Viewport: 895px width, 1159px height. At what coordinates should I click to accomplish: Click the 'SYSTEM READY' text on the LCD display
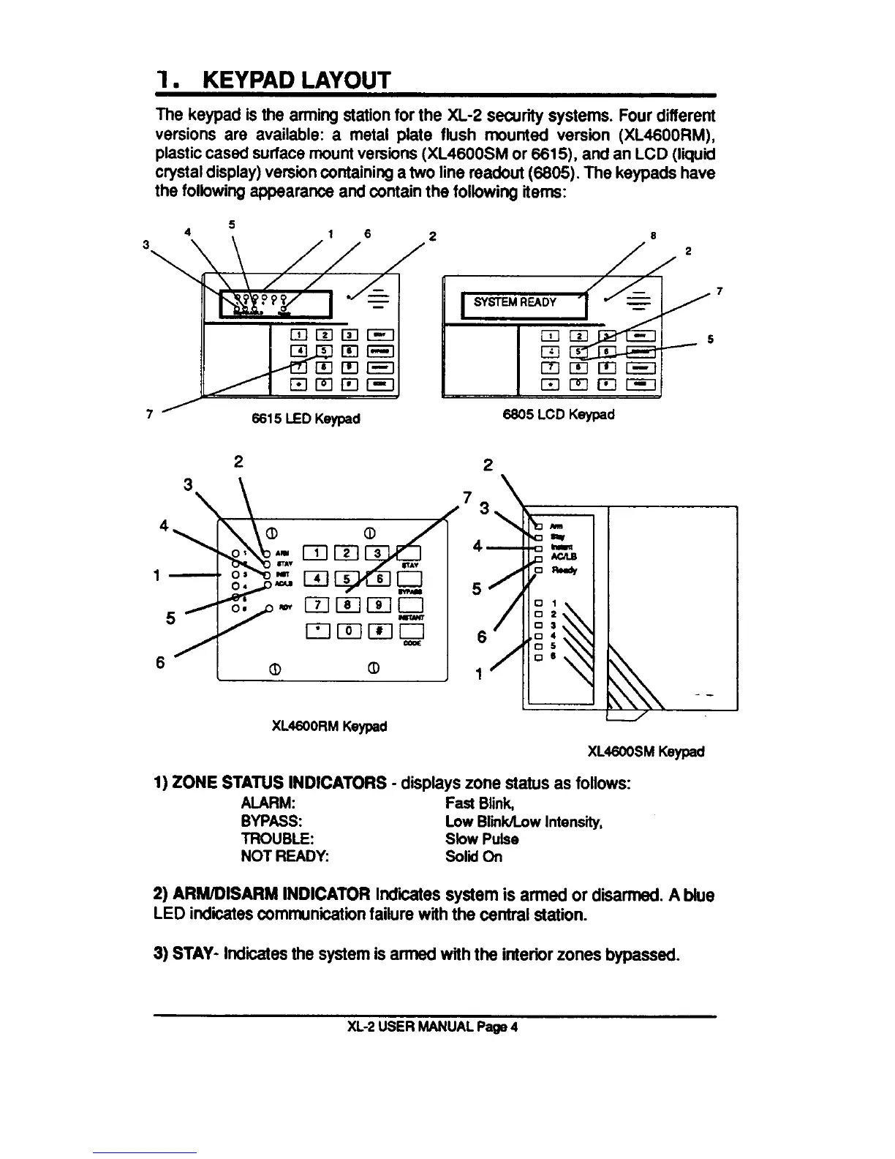pyautogui.click(x=515, y=302)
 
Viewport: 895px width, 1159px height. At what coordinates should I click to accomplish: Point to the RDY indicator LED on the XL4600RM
pyautogui.click(x=270, y=607)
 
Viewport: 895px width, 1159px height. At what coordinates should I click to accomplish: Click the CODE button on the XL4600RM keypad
pyautogui.click(x=411, y=631)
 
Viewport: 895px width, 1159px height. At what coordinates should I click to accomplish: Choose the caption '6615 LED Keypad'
pyautogui.click(x=306, y=419)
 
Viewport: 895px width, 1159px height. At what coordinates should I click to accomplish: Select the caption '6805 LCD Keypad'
pyautogui.click(x=559, y=414)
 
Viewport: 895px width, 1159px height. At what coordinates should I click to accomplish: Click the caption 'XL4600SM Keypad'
pyautogui.click(x=646, y=751)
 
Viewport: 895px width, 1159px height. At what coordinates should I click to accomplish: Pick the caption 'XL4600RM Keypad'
pyautogui.click(x=329, y=727)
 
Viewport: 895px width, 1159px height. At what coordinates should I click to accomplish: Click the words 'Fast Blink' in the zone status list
pyautogui.click(x=472, y=803)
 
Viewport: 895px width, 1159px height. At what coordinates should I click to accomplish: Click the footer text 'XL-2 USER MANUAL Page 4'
pyautogui.click(x=433, y=1027)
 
